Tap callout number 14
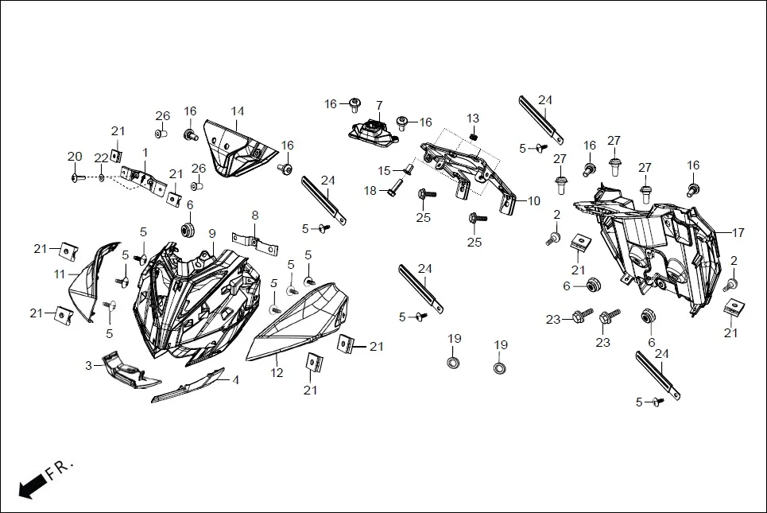[x=238, y=111]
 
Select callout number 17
[x=738, y=233]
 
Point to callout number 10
[x=533, y=201]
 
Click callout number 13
[x=473, y=119]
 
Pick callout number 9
[x=212, y=233]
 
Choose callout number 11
[x=59, y=274]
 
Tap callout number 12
[x=277, y=371]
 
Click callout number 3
[x=89, y=365]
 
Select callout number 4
[x=235, y=380]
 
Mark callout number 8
[x=255, y=215]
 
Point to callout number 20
[x=75, y=156]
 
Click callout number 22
[x=101, y=157]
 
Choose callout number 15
[x=385, y=170]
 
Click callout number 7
[x=379, y=105]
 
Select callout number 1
[x=145, y=152]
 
